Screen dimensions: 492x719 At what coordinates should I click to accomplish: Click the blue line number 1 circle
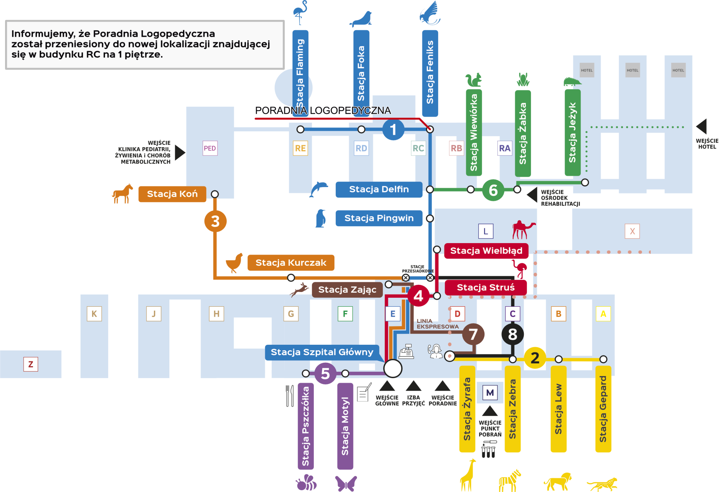point(393,129)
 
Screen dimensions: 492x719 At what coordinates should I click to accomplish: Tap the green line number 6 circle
point(493,190)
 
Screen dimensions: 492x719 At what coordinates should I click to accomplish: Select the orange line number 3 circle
point(215,221)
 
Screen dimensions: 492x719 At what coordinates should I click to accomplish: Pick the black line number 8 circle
point(512,334)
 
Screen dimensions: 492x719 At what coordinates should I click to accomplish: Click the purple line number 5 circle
point(325,373)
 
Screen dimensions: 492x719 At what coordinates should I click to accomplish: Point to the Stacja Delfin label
point(379,189)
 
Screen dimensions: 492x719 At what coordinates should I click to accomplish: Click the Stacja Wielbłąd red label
point(486,251)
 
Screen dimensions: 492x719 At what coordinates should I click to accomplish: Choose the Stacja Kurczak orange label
point(291,263)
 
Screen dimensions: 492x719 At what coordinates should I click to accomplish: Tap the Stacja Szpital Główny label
point(322,352)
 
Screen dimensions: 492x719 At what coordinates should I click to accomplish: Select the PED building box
point(210,148)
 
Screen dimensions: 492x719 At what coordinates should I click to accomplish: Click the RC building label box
point(418,148)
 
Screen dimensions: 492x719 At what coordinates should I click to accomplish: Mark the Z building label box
point(31,364)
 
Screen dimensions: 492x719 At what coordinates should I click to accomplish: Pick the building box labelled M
point(490,393)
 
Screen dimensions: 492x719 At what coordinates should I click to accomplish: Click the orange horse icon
point(122,194)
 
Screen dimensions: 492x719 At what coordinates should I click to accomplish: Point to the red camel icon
point(523,230)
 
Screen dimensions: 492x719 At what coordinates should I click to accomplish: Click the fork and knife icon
point(290,396)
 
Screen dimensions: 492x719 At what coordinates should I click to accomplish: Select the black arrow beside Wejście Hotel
point(702,126)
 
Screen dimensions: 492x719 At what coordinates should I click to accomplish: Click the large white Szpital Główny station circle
point(393,368)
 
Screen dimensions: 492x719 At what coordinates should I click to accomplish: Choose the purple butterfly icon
point(345,483)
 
